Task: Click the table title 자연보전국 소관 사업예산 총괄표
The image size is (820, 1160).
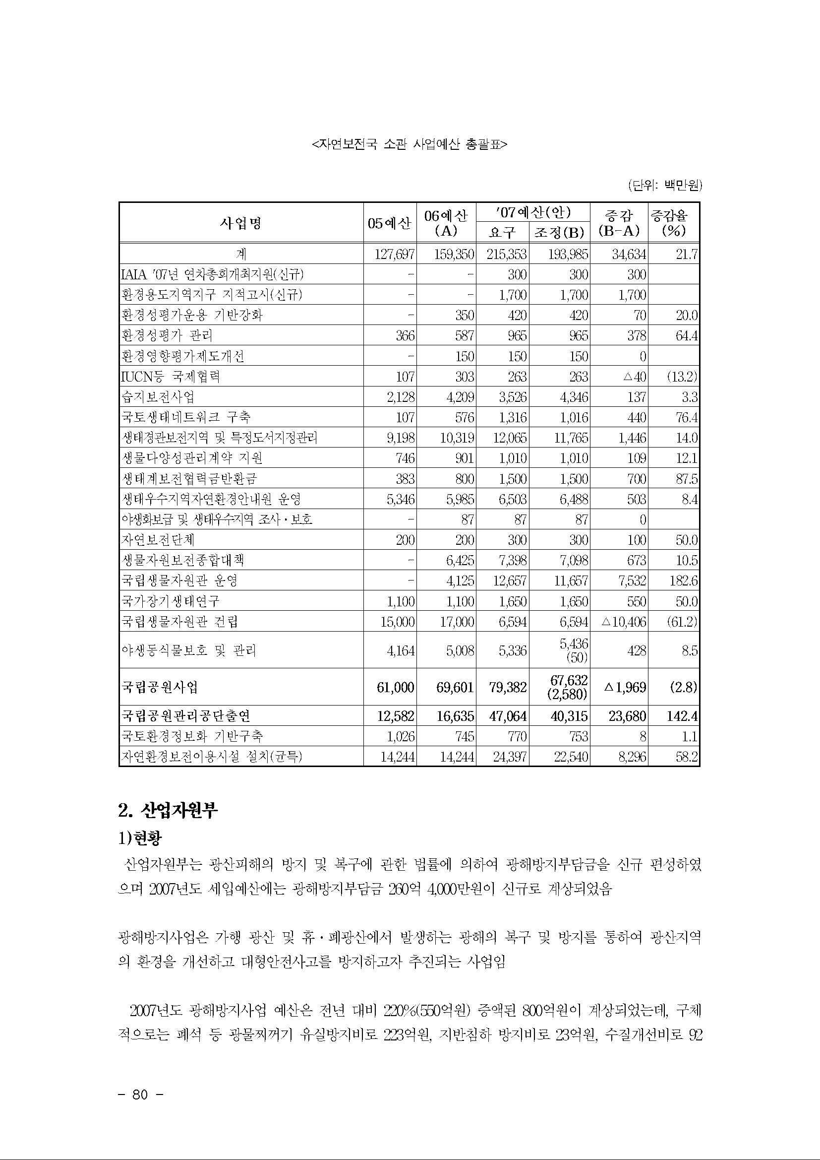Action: pos(410,145)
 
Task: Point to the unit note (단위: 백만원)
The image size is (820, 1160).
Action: pos(665,186)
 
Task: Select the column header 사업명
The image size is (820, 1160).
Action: pos(241,223)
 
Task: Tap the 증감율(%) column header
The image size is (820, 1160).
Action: pos(674,223)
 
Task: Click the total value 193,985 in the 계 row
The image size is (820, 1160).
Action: pos(568,254)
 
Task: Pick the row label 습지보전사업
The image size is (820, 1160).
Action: pos(158,397)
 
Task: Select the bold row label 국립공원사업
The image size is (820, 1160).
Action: pos(160,687)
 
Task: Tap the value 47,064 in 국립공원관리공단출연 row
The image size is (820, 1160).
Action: pos(507,716)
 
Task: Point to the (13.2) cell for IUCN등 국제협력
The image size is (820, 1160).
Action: pos(682,377)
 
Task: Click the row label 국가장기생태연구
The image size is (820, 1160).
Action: pos(171,601)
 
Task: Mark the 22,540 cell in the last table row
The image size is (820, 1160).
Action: pos(568,756)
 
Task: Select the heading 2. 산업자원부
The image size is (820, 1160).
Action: pos(168,811)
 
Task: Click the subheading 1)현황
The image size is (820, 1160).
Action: pos(140,839)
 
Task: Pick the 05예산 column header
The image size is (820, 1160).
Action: pos(389,223)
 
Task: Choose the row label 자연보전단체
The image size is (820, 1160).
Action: pos(158,540)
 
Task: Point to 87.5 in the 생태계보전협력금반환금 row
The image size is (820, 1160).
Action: pos(687,479)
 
